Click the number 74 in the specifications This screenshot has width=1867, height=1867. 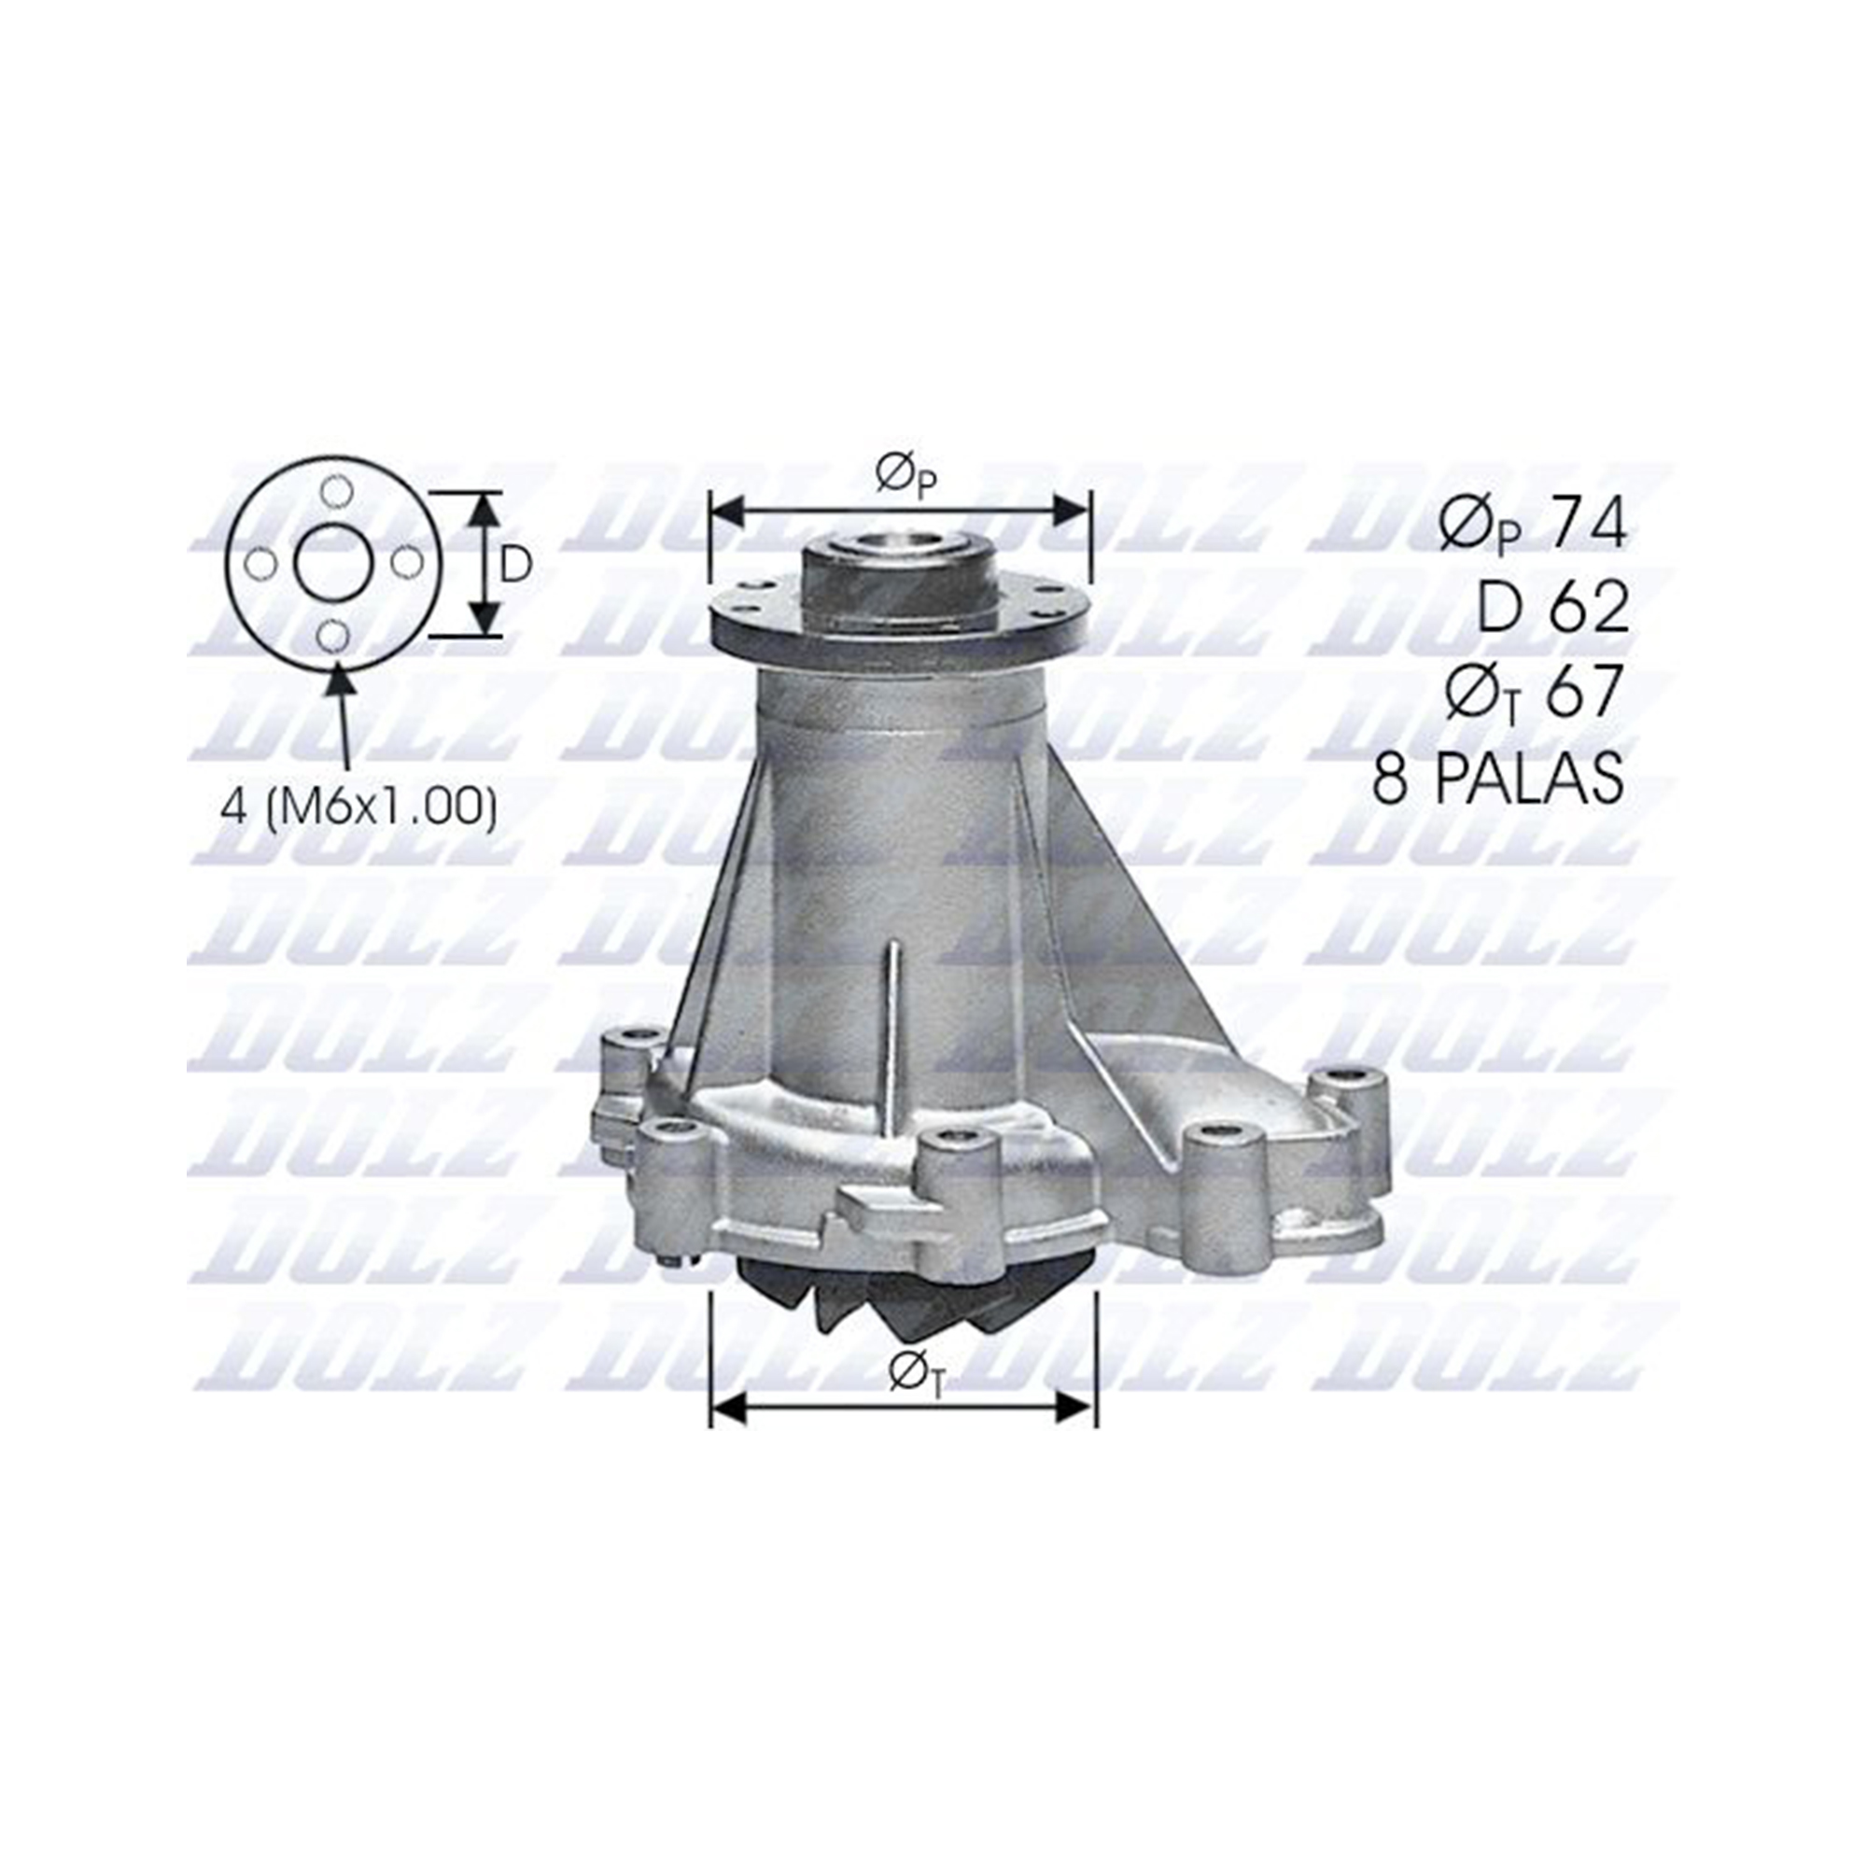pyautogui.click(x=1589, y=524)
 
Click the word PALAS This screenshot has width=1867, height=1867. pyautogui.click(x=1529, y=776)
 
